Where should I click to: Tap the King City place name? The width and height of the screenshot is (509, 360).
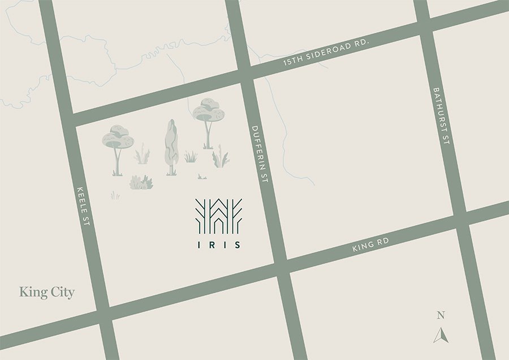[x=47, y=292]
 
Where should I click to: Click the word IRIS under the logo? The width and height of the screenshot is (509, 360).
[x=218, y=245]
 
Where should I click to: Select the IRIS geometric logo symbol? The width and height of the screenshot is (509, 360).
[x=218, y=215]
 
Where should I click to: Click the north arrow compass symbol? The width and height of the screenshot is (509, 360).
[x=441, y=335]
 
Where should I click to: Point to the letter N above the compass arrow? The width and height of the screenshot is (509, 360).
[x=441, y=315]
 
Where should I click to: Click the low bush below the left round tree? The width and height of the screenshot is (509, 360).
[x=141, y=182]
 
